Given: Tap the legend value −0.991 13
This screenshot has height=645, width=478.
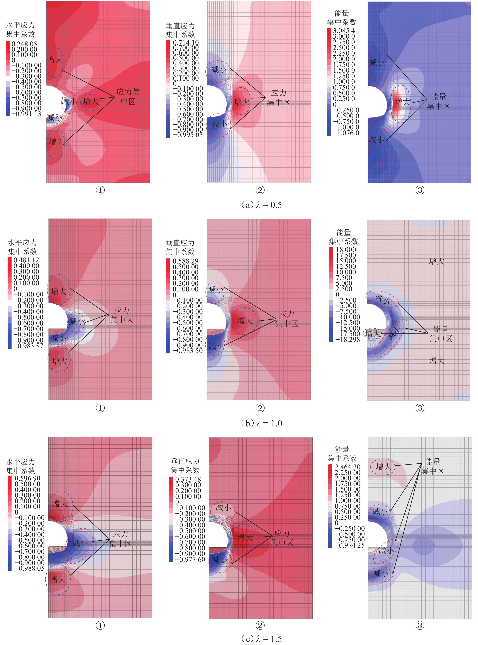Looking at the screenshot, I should point(26,114).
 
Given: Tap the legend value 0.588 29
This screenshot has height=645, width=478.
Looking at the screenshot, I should point(185,261).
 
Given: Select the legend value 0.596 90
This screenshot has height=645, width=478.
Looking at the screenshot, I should point(27,478).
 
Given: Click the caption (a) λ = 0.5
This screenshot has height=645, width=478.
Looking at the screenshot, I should point(261,205).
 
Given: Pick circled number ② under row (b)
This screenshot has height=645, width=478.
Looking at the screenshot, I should point(260,408).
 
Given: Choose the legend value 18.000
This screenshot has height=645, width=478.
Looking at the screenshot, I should point(346,249).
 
